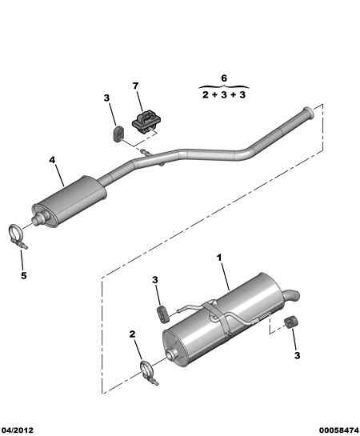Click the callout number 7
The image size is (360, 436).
(x=135, y=86)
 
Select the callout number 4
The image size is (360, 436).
(x=52, y=160)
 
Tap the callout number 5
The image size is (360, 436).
(x=24, y=275)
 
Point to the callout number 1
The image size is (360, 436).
(x=219, y=258)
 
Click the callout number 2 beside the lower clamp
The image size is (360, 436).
(x=132, y=334)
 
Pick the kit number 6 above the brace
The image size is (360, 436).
(x=224, y=78)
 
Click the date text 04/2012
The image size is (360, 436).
(x=17, y=430)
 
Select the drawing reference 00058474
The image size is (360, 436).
(x=338, y=430)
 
